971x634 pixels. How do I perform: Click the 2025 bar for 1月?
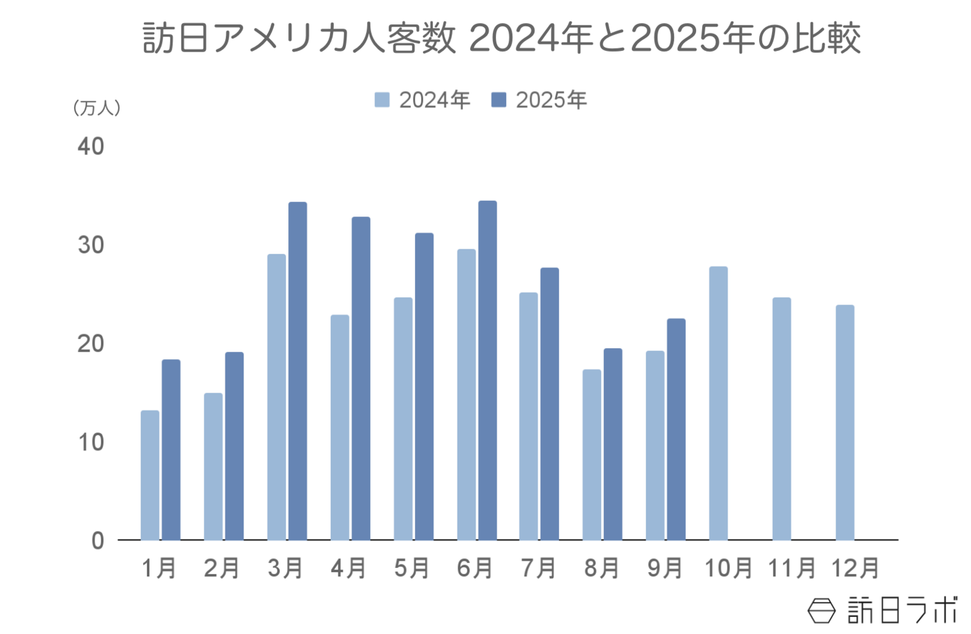171,450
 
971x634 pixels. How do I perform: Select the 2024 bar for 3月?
276,397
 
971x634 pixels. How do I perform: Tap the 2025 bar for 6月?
487,370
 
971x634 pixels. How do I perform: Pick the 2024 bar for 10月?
718,403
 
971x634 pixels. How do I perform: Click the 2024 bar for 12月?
845,422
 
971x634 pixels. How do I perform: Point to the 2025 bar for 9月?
676,429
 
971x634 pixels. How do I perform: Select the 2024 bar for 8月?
592,454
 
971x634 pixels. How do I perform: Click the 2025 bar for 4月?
361,378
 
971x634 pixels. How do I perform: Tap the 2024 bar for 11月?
782,419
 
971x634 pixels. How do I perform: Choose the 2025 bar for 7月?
550,403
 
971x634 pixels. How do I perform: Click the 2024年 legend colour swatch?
382,100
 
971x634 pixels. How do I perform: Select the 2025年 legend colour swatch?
498,100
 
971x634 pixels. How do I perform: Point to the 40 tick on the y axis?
91,147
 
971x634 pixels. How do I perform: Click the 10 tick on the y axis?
91,442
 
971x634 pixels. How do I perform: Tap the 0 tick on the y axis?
98,541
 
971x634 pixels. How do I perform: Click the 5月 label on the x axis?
412,568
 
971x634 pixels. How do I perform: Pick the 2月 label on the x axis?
222,568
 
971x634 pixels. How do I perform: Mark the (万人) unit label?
96,108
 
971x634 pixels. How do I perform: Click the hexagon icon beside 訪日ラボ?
821,610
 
